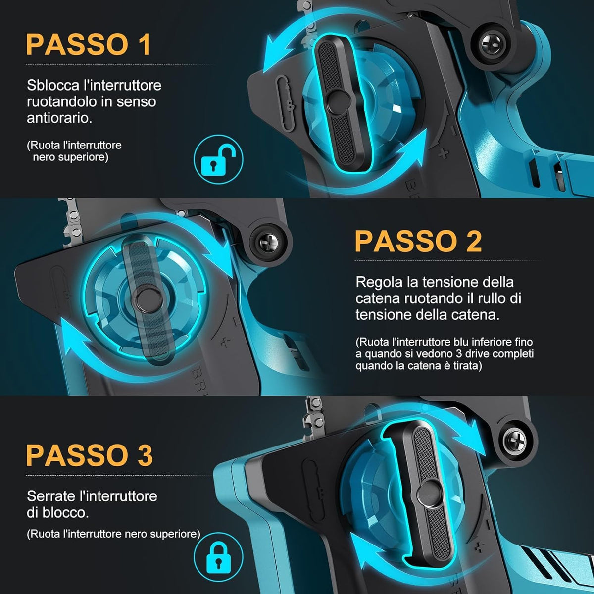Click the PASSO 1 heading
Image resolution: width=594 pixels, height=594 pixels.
pos(89,44)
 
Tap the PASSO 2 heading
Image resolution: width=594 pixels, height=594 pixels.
pos(418,242)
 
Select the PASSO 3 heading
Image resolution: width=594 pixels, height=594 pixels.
pos(90,455)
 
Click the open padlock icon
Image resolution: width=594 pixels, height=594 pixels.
pos(218,159)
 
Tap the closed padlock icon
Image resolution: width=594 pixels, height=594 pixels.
pos(218,557)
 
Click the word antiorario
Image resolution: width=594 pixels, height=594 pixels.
pos(59,118)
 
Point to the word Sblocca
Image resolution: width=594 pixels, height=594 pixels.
pos(53,85)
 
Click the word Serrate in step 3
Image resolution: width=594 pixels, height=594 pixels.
pos(51,496)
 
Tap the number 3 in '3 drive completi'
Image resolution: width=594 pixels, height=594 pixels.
pos(432,353)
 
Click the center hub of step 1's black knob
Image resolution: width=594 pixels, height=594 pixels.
pos(338,102)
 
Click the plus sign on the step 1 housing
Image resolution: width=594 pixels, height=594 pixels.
pos(443,153)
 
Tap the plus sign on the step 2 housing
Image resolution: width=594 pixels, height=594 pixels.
pos(226,342)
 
